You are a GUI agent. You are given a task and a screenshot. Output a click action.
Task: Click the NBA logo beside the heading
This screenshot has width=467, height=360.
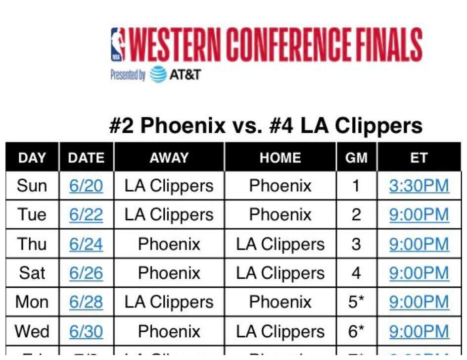click(117, 45)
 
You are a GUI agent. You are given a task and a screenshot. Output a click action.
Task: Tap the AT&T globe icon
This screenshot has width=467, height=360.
click(158, 75)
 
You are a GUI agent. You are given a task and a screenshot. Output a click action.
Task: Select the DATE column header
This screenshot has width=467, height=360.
click(86, 157)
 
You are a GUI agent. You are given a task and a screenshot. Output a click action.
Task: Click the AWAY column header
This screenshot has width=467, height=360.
click(169, 157)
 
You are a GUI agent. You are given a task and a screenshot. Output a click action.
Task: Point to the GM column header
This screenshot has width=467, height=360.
click(356, 157)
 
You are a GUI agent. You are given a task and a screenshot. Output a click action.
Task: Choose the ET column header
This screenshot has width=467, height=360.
click(419, 157)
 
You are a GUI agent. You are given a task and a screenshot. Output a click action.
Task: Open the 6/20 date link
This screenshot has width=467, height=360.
click(86, 186)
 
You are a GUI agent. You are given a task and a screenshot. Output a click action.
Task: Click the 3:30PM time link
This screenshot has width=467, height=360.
click(419, 186)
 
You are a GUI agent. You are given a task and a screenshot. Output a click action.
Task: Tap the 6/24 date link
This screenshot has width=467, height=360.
click(86, 244)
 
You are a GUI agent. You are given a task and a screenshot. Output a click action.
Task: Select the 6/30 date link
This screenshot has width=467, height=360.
click(86, 331)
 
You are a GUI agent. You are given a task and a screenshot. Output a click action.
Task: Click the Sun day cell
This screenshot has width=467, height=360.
click(32, 186)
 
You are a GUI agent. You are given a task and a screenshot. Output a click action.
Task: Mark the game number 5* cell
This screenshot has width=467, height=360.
click(356, 302)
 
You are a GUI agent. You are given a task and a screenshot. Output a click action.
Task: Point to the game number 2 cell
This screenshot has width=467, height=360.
click(356, 215)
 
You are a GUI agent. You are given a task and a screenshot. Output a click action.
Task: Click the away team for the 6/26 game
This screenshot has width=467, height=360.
click(169, 273)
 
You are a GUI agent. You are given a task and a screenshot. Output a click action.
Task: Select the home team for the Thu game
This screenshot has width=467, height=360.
click(280, 244)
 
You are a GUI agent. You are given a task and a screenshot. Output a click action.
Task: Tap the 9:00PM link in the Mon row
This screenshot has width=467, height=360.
click(419, 302)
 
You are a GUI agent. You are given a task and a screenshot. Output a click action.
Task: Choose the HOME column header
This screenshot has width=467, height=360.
click(280, 157)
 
